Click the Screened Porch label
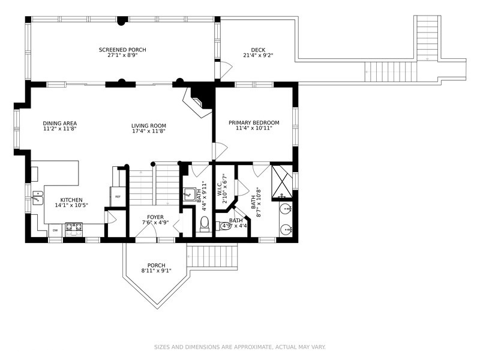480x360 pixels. click(x=122, y=50)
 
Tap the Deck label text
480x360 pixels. click(x=258, y=50)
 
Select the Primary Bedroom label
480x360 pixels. click(x=254, y=123)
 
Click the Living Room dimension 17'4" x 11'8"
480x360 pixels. click(x=148, y=131)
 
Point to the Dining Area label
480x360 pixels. click(x=59, y=123)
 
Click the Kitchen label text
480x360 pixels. click(x=71, y=200)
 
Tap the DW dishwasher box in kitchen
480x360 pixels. click(x=55, y=230)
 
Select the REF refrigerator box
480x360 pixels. click(x=118, y=196)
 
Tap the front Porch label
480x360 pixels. click(x=156, y=265)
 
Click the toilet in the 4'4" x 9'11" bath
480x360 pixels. click(x=204, y=224)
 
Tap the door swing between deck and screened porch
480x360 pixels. click(x=226, y=70)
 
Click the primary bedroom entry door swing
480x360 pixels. click(x=220, y=150)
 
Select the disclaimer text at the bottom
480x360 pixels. click(x=240, y=347)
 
